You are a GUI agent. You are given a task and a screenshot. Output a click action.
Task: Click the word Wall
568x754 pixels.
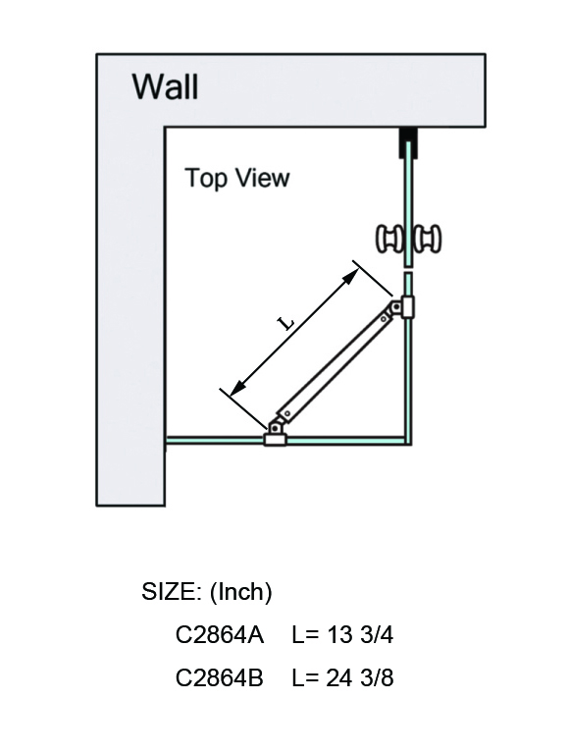[165, 86]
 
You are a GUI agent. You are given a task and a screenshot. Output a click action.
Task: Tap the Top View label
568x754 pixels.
[237, 178]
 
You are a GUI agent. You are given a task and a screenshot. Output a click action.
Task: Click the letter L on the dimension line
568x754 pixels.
[287, 323]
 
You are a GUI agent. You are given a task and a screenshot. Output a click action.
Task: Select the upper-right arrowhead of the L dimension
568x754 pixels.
[352, 275]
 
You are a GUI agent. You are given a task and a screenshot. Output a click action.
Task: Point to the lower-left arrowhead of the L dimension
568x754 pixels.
[236, 388]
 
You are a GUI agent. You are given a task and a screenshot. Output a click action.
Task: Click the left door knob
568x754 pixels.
[389, 239]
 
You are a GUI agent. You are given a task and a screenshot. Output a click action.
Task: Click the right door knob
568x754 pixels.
[427, 239]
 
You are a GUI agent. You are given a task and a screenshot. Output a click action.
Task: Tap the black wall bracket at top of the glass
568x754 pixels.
[408, 142]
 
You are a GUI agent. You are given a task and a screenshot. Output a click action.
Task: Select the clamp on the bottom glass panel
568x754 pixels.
[275, 440]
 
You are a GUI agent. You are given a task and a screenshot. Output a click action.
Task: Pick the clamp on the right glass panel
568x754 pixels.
[408, 307]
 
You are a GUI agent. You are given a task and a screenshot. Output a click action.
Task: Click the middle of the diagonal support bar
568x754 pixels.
[335, 366]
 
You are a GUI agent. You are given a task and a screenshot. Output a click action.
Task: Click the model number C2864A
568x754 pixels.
[220, 635]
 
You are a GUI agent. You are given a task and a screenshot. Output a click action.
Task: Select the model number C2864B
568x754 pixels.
[220, 677]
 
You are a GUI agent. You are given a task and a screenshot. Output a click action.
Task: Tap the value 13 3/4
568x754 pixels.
[360, 635]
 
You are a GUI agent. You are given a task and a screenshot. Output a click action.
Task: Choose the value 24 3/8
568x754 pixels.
[360, 677]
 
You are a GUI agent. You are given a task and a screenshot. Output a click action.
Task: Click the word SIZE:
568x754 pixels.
[172, 591]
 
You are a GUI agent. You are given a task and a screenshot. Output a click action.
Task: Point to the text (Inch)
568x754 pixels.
[241, 592]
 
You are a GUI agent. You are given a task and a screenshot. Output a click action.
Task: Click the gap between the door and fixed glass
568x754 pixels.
[408, 270]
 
